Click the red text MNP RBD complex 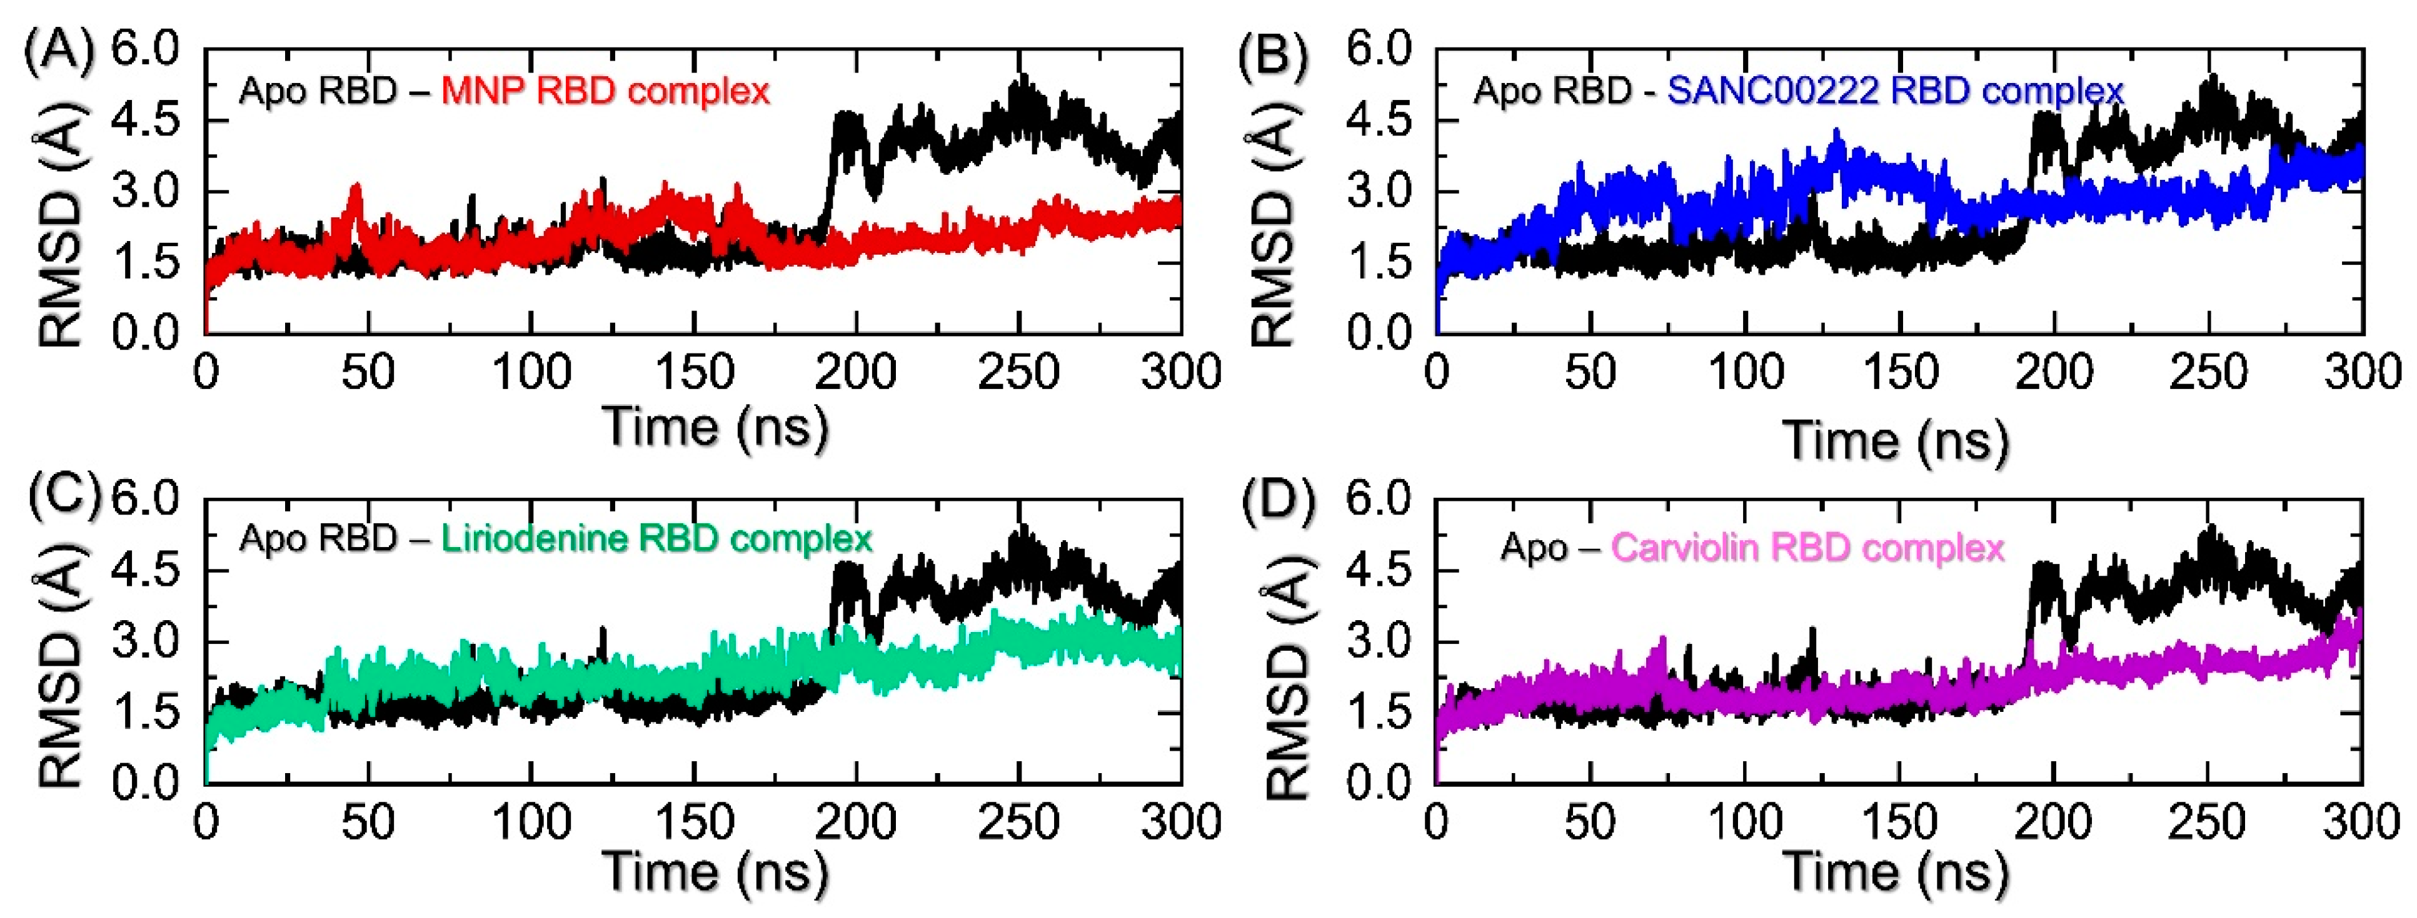tap(605, 91)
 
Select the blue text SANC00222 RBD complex tap(1896, 91)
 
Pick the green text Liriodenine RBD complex tap(657, 539)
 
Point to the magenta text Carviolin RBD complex tap(1807, 548)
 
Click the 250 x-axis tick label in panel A tap(1018, 373)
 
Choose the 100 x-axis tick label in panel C tap(531, 822)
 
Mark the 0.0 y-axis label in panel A tap(146, 333)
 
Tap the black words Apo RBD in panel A tap(319, 91)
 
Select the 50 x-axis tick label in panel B tap(1590, 373)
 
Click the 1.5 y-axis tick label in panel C tap(146, 713)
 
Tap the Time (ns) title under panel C tap(715, 871)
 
